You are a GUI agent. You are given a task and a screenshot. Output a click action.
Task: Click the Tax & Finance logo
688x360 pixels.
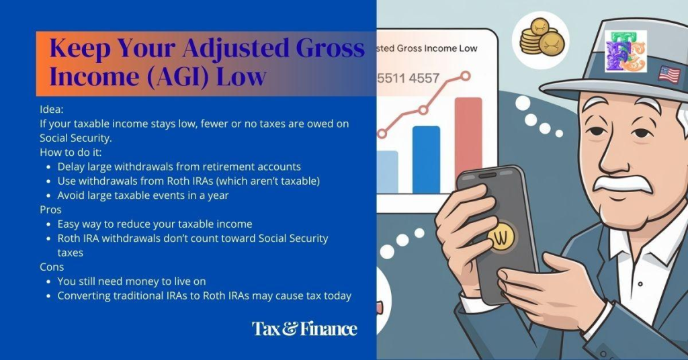click(304, 328)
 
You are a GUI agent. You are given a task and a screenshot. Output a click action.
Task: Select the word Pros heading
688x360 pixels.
click(51, 210)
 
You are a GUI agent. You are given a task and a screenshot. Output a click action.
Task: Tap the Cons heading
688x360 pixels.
click(52, 267)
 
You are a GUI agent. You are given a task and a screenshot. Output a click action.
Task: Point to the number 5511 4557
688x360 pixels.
click(408, 79)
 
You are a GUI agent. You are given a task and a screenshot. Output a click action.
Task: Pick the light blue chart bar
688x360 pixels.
click(388, 172)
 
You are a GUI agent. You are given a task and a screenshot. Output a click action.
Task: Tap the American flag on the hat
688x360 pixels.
click(669, 74)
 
